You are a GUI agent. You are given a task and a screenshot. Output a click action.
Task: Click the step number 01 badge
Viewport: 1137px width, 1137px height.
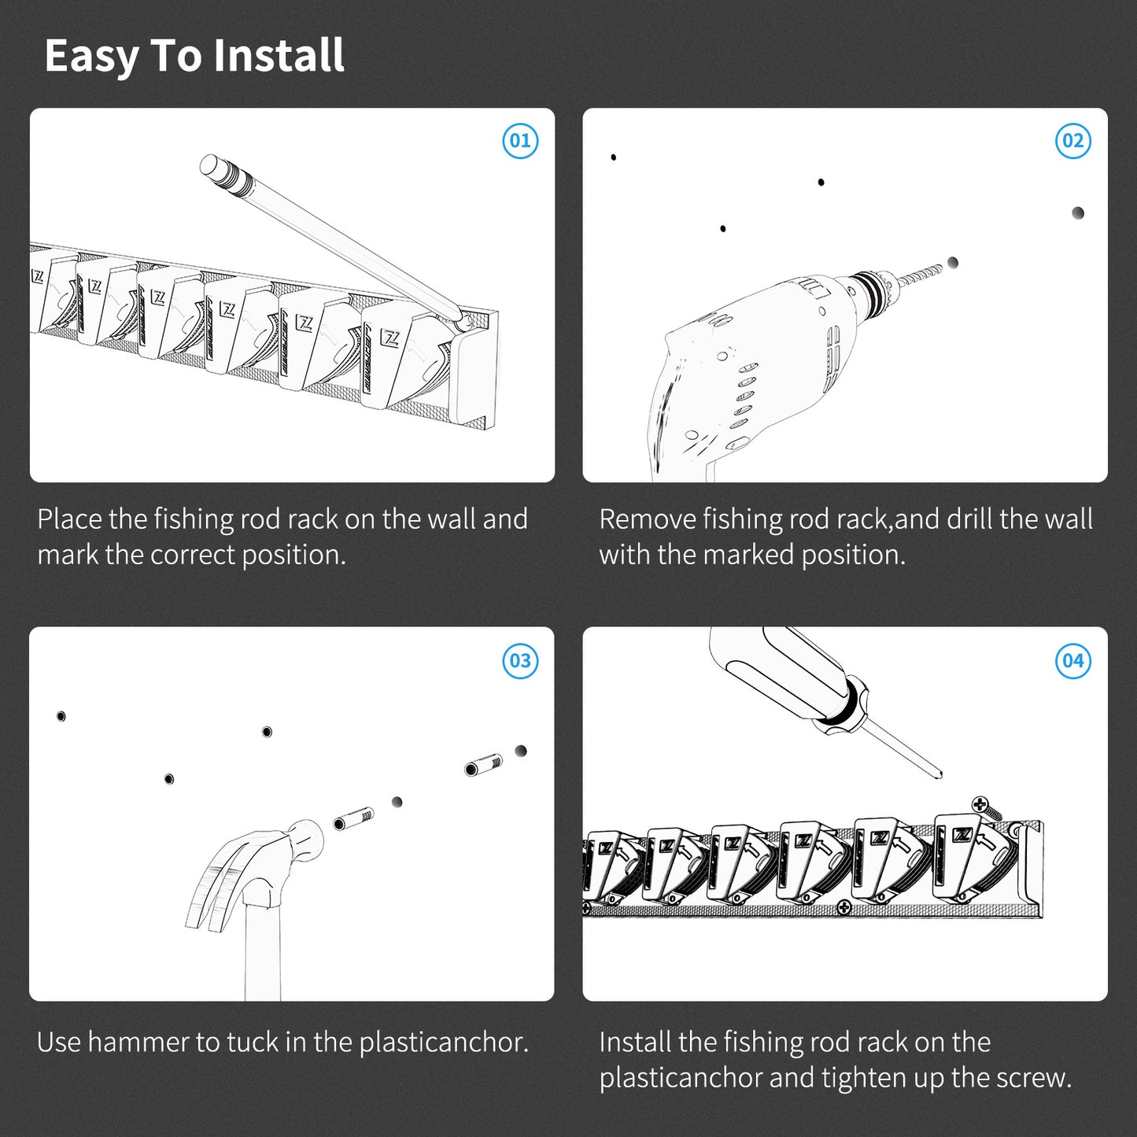point(520,141)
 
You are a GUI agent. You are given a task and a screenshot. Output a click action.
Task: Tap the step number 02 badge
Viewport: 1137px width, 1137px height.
point(1072,141)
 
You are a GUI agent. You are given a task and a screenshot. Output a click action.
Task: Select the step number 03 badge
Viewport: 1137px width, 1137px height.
point(520,661)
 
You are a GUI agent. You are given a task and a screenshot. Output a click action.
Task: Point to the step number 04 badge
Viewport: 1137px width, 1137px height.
point(1072,661)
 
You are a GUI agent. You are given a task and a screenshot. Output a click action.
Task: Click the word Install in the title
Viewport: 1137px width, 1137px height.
point(278,55)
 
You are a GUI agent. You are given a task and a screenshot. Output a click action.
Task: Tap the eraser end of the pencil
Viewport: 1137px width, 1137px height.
point(210,165)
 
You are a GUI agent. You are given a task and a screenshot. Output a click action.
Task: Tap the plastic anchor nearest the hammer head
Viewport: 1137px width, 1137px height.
point(353,819)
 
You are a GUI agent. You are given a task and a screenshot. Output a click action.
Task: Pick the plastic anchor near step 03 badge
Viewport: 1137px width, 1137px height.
point(483,766)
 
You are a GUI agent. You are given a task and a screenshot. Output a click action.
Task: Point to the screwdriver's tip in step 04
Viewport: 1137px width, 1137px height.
point(940,775)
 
